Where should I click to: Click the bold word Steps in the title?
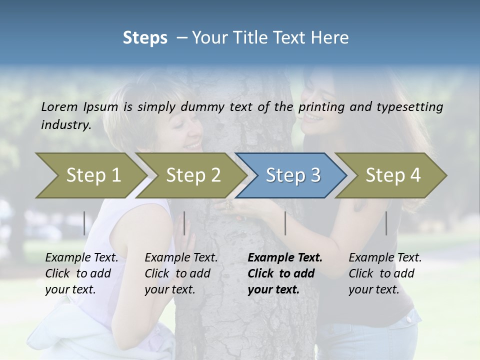click(x=145, y=38)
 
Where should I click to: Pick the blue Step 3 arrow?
click(x=293, y=175)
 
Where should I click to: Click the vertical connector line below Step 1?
click(x=84, y=223)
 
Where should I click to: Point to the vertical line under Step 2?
click(x=184, y=223)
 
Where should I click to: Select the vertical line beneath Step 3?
click(x=285, y=223)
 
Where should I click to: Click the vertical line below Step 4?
click(x=386, y=223)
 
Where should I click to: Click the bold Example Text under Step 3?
click(x=285, y=258)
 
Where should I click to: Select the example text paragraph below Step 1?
click(x=81, y=273)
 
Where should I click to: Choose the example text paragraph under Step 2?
click(x=181, y=273)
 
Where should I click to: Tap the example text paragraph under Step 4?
click(x=385, y=273)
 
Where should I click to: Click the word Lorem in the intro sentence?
click(x=59, y=106)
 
